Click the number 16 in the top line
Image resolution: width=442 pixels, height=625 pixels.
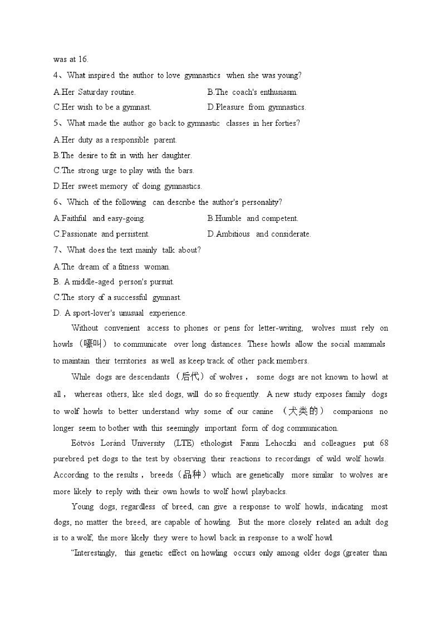tap(83, 59)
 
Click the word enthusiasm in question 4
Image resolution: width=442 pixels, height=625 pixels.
tap(278, 92)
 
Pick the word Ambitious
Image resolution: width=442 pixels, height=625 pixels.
tap(233, 234)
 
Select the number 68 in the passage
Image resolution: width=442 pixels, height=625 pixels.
tap(384, 443)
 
